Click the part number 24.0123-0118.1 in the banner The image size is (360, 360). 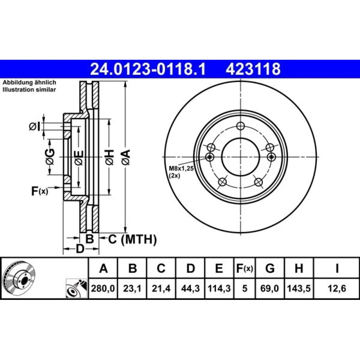point(148,69)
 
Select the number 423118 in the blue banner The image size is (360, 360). point(253,69)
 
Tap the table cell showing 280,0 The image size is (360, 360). point(103,288)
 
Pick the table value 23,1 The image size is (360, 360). point(132,288)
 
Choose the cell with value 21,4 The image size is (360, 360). point(161,288)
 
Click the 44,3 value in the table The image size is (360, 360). point(190,288)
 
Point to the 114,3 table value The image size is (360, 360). point(219,288)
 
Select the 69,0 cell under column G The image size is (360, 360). point(270,288)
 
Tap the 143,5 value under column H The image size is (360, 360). point(299,288)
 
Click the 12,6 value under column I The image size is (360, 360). point(337,288)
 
